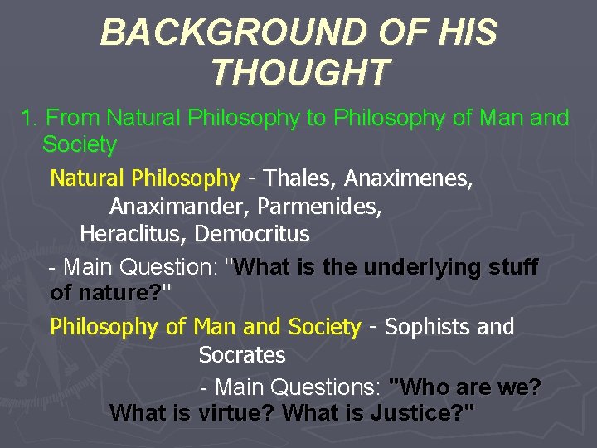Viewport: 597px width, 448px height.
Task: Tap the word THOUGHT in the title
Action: point(298,72)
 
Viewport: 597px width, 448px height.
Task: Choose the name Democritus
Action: point(252,234)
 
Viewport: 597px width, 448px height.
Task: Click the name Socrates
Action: point(242,356)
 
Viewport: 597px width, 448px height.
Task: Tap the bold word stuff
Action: point(513,268)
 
